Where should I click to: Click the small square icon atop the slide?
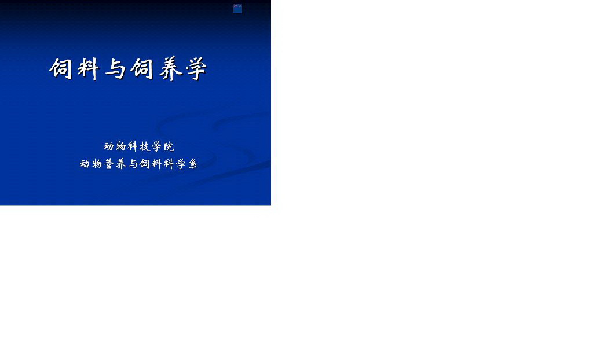[237, 8]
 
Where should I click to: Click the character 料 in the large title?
[88, 69]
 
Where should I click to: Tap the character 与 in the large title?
[115, 69]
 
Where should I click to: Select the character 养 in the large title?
[170, 69]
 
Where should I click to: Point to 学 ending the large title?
[196, 69]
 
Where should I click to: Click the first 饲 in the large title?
[61, 69]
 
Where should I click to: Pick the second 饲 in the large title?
[142, 69]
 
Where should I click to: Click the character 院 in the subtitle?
[169, 146]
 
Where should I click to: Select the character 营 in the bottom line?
[109, 164]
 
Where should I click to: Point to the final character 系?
[192, 164]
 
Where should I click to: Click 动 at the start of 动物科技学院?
[109, 146]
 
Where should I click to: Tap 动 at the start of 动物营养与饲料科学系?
[85, 164]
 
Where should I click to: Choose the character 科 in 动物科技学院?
[133, 146]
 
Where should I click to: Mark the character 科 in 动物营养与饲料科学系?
[169, 164]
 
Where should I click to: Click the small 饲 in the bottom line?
[145, 164]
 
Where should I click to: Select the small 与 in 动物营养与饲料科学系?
[133, 164]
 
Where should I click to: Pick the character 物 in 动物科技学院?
[120, 146]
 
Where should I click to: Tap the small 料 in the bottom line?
[156, 164]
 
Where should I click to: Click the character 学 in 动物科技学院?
[156, 146]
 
